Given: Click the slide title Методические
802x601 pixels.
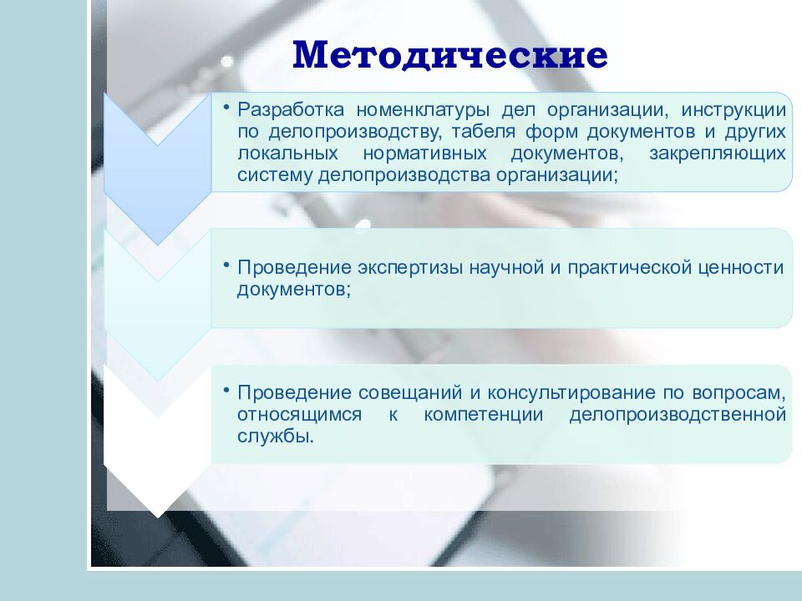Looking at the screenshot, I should (x=450, y=55).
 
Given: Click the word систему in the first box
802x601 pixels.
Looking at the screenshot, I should (x=274, y=175).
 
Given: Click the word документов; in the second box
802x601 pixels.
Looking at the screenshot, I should (x=293, y=290).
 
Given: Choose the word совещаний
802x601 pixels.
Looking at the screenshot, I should (x=404, y=392).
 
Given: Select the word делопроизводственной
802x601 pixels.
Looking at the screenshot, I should (x=678, y=415).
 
